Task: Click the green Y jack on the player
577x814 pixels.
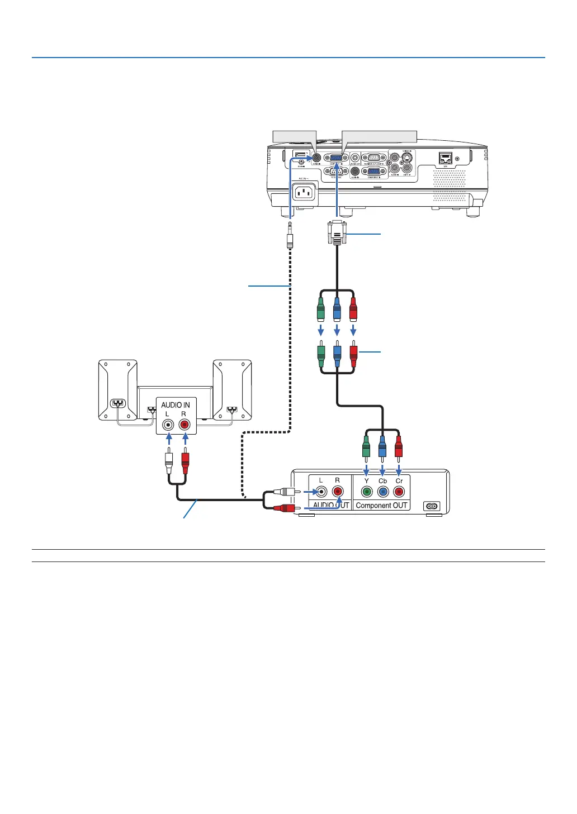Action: (367, 492)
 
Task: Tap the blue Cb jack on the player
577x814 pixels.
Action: (383, 492)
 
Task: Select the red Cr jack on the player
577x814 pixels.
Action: (399, 492)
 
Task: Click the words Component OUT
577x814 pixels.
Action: (382, 506)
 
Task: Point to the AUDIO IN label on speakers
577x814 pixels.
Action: (176, 404)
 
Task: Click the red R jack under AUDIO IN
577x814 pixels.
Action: (185, 425)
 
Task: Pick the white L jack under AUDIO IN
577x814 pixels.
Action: (168, 425)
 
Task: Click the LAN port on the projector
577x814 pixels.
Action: (446, 158)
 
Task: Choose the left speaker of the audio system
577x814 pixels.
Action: (117, 389)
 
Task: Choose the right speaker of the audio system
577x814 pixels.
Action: (232, 389)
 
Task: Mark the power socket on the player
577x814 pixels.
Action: (432, 506)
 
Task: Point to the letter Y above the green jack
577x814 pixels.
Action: (367, 480)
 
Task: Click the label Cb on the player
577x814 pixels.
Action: (383, 480)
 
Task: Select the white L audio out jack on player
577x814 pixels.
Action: (321, 492)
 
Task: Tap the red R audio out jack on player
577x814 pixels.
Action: (338, 492)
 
